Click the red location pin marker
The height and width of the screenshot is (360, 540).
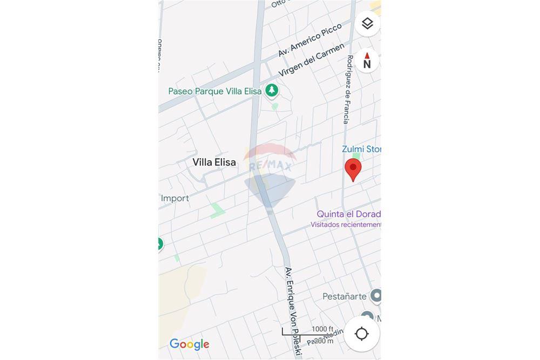353,169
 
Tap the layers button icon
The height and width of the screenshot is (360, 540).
367,24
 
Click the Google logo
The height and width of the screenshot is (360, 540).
189,344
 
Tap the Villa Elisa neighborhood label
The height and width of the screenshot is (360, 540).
214,162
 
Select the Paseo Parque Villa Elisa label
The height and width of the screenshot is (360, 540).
215,91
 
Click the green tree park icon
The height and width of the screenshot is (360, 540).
272,90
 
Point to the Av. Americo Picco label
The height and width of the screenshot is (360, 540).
310,40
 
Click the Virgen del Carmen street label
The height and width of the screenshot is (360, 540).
311,60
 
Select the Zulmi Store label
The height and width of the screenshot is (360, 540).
361,149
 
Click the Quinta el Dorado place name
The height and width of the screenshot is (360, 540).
348,214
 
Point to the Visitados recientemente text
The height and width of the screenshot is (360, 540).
346,225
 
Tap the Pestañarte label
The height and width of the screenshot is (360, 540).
345,296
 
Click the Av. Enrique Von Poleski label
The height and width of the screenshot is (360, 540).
292,311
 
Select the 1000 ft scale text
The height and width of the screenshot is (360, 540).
322,329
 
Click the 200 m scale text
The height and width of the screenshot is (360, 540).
323,341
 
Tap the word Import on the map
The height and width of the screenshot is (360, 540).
175,198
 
